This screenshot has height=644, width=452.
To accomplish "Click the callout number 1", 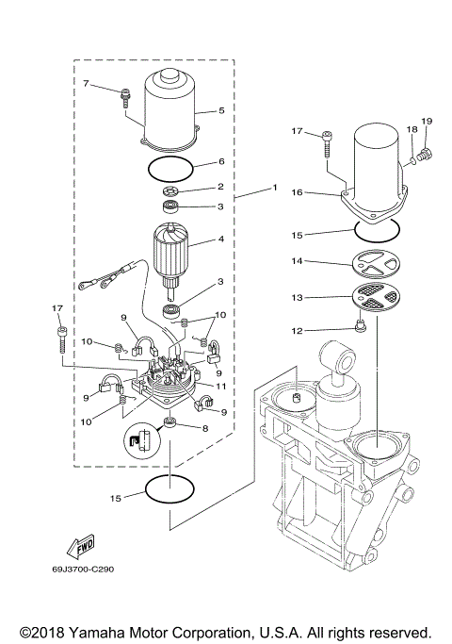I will [x=274, y=188].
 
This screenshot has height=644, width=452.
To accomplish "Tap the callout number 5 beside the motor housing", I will [x=221, y=110].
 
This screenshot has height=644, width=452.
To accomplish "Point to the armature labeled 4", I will [x=174, y=255].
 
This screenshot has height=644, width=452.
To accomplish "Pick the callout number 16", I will [x=297, y=191].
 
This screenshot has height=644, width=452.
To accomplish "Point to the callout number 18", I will [x=411, y=128].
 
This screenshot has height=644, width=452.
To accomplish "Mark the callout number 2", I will [x=220, y=188].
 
